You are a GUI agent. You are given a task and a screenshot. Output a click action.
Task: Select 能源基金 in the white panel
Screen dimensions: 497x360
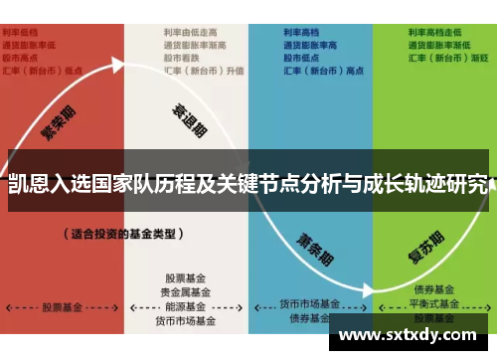point(186,306)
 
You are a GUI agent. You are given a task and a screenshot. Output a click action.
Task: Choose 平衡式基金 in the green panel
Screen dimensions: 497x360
point(435,302)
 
